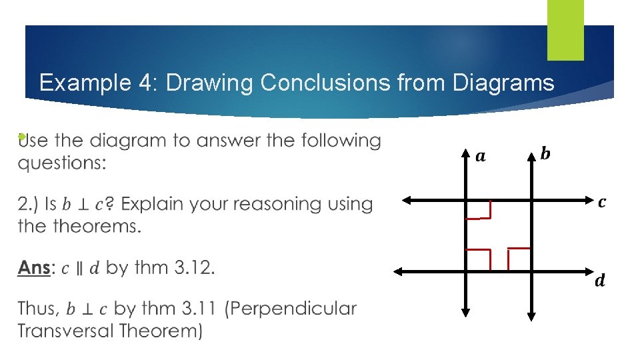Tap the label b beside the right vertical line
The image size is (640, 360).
[x=545, y=154]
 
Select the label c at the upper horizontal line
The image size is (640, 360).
[x=602, y=201]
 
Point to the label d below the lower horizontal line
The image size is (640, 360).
[x=600, y=281]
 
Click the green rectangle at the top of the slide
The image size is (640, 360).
[x=565, y=30]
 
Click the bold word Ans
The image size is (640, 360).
[x=33, y=268]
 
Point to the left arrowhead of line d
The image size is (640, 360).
[x=398, y=271]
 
